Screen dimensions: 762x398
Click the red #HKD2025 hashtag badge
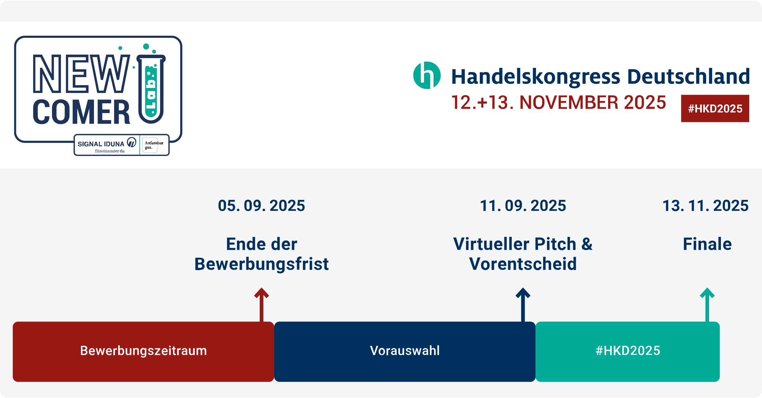(x=715, y=108)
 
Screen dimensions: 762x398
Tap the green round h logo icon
(x=427, y=75)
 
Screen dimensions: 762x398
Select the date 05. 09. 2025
(x=261, y=205)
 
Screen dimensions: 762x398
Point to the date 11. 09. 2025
(x=523, y=205)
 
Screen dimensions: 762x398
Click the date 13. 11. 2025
(x=705, y=205)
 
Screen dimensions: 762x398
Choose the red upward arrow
(x=261, y=305)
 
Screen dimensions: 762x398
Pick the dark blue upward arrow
(x=523, y=305)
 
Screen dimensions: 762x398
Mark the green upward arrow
(x=707, y=305)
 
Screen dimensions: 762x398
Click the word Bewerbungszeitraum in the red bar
(x=144, y=351)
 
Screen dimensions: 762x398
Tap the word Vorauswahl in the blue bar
(x=405, y=351)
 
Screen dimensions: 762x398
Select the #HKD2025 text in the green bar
(x=628, y=351)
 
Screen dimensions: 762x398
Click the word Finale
(x=707, y=244)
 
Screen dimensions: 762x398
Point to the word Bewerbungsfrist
(x=261, y=264)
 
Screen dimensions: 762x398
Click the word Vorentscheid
(x=523, y=264)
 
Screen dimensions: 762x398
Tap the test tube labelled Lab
(x=151, y=89)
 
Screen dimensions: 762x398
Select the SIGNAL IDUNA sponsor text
(x=101, y=144)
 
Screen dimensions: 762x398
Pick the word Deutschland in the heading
(x=688, y=76)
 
